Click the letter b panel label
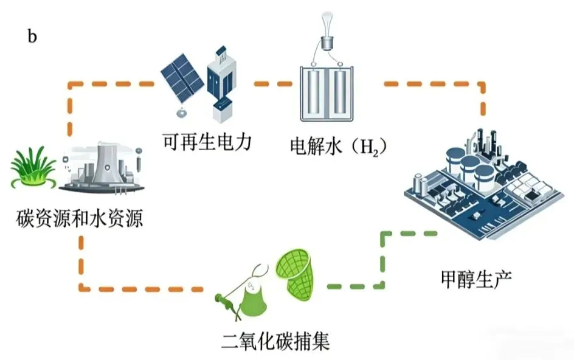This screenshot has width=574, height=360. pyautogui.click(x=32, y=36)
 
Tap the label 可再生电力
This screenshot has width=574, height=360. pyautogui.click(x=207, y=143)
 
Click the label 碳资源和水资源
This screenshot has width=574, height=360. pyautogui.click(x=80, y=218)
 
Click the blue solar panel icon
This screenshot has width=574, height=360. pyautogui.click(x=181, y=78)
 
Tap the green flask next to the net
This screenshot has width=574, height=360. pyautogui.click(x=250, y=298)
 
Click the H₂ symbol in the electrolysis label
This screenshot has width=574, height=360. pyautogui.click(x=370, y=147)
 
